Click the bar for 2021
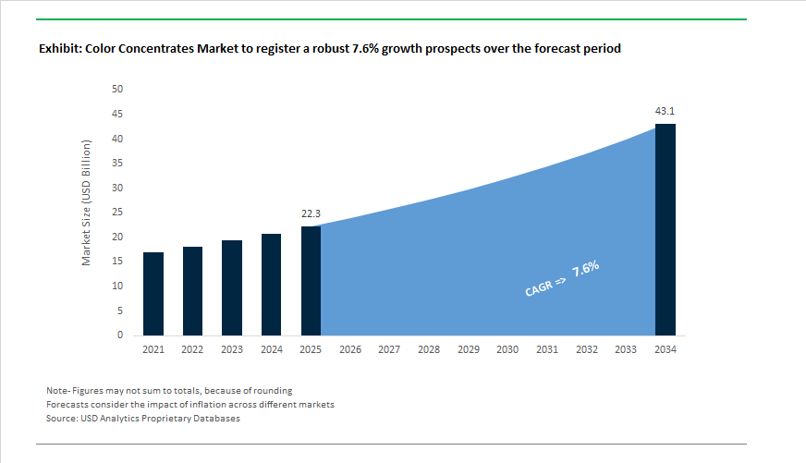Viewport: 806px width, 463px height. coord(153,294)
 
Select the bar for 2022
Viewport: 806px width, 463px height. coord(192,291)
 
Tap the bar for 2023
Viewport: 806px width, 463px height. coord(232,287)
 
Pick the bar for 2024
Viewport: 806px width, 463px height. coord(271,285)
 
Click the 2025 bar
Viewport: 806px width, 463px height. coord(311,281)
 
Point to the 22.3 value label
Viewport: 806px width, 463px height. coord(311,213)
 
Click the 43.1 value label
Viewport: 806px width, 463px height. coord(666,111)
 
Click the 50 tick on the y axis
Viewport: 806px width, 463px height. coord(117,90)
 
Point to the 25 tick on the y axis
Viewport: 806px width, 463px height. coord(117,213)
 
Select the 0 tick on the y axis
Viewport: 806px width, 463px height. coord(120,335)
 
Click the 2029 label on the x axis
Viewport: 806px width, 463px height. coord(468,350)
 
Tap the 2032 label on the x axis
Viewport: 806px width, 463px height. coord(586,350)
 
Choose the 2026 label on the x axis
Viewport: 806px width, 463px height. coord(349,350)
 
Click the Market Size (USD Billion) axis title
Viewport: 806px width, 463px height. coord(87,203)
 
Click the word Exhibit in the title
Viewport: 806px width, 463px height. coord(59,49)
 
